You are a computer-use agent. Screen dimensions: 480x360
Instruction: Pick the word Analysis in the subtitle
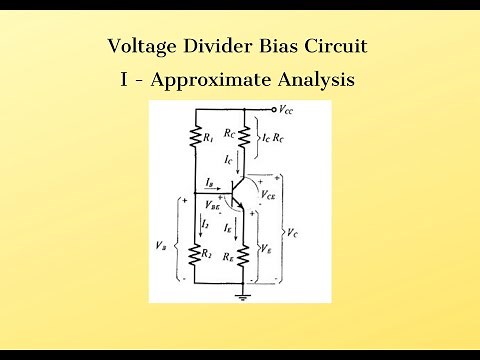tap(318, 80)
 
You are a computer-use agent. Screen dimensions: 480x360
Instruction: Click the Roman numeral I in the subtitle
tap(122, 80)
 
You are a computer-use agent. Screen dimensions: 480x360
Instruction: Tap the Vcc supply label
tap(287, 109)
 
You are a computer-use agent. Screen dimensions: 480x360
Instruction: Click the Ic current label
tap(230, 159)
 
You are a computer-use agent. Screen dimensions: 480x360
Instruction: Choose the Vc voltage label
tap(291, 231)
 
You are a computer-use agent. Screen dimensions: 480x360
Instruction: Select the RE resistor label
tap(230, 256)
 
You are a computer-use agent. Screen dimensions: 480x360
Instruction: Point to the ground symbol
tap(242, 295)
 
